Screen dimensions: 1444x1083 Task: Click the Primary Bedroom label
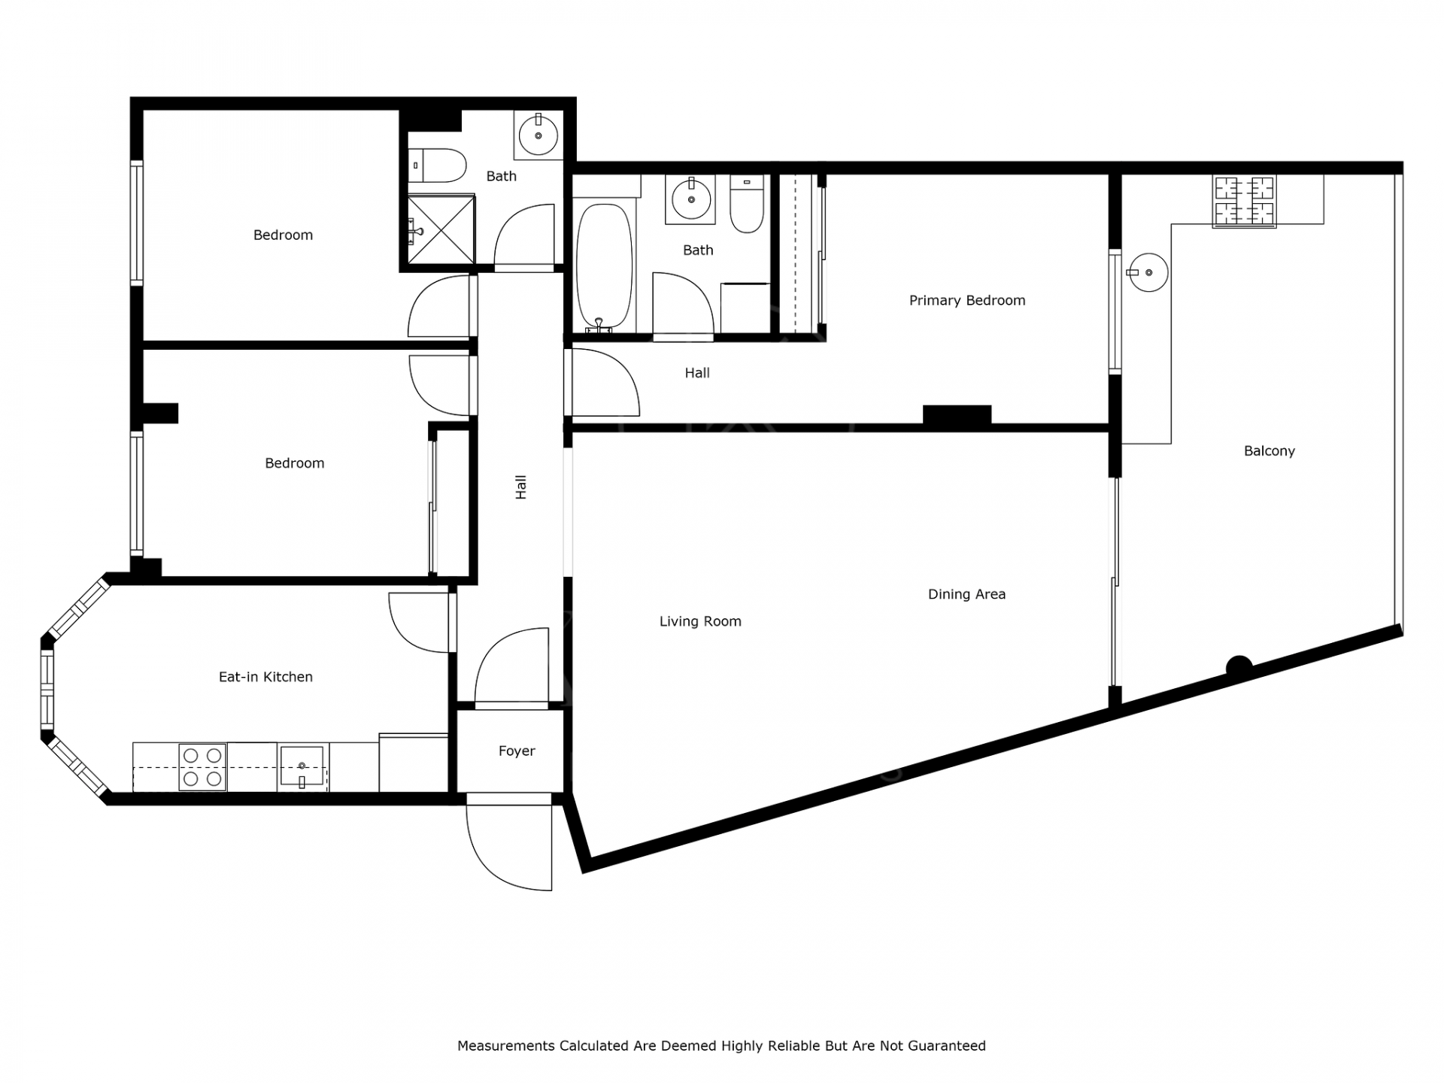967,301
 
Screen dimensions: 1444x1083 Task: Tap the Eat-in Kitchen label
265,677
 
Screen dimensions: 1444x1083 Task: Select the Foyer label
517,751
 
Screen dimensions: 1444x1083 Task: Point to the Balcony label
1270,451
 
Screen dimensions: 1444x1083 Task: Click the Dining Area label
966,594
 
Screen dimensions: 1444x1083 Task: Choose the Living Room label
700,621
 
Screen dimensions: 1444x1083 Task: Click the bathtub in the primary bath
604,267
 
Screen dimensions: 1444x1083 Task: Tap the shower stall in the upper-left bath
441,229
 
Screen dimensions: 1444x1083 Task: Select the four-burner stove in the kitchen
202,767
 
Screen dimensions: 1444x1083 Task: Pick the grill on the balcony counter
1245,202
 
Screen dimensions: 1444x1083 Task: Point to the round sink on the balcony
1148,272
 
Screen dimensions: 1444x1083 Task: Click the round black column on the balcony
1239,667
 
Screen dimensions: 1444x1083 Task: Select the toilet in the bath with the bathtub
747,204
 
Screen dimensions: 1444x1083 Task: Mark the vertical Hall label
520,487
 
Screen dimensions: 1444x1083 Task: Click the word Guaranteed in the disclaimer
947,1045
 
